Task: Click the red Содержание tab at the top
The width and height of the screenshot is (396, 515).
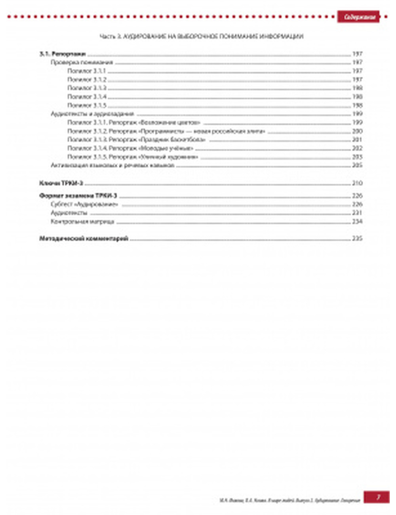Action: (x=359, y=17)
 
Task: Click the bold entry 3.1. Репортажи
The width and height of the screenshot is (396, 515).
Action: (x=63, y=54)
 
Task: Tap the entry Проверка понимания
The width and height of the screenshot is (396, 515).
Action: (x=82, y=63)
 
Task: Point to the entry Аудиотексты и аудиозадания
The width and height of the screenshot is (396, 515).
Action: (x=92, y=114)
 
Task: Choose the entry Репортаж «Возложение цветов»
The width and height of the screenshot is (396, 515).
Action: (x=134, y=123)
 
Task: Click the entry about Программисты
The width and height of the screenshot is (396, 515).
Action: (x=166, y=132)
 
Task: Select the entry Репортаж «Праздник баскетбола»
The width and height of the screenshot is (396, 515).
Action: (x=136, y=140)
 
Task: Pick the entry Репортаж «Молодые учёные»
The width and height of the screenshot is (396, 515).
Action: (x=130, y=149)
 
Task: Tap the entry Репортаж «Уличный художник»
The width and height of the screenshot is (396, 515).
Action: (x=133, y=157)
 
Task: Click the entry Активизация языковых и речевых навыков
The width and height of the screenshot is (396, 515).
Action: (x=112, y=166)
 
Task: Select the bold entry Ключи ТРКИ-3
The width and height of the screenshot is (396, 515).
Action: (x=61, y=183)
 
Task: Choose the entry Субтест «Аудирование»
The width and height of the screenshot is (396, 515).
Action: (x=84, y=204)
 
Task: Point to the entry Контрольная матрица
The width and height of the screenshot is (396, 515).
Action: (x=82, y=221)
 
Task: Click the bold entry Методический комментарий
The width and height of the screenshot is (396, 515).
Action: (x=84, y=238)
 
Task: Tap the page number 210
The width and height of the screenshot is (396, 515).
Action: (x=357, y=183)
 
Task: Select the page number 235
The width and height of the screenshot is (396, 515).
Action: (x=357, y=238)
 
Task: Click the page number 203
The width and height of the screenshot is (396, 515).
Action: (x=357, y=157)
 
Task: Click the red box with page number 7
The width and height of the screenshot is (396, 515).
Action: (x=377, y=497)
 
